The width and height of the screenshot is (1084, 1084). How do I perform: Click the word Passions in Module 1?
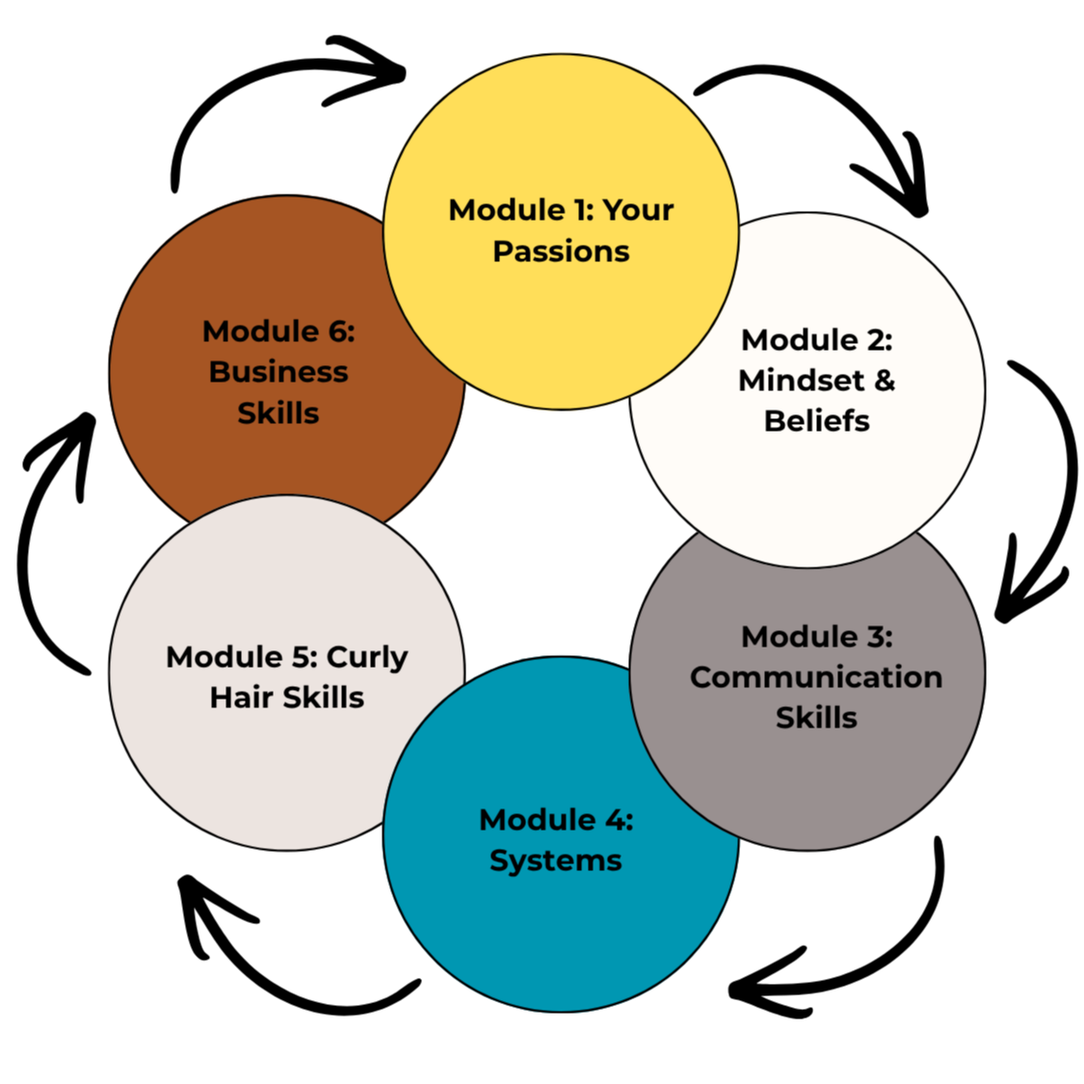click(561, 251)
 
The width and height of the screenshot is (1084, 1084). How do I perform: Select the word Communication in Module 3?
click(816, 676)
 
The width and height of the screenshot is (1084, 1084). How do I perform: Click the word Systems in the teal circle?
click(556, 861)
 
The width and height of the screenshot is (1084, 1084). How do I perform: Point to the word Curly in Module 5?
click(366, 658)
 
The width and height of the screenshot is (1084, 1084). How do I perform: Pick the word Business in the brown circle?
click(278, 372)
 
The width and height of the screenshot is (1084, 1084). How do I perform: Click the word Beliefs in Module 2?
click(816, 420)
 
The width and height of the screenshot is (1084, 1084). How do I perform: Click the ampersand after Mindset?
click(885, 381)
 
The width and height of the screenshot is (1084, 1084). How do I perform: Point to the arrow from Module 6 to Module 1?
click(235, 82)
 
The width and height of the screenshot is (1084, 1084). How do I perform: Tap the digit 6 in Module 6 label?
click(338, 331)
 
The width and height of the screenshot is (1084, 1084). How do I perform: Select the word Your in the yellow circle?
click(638, 210)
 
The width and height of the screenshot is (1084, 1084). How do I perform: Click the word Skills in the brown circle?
click(278, 413)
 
